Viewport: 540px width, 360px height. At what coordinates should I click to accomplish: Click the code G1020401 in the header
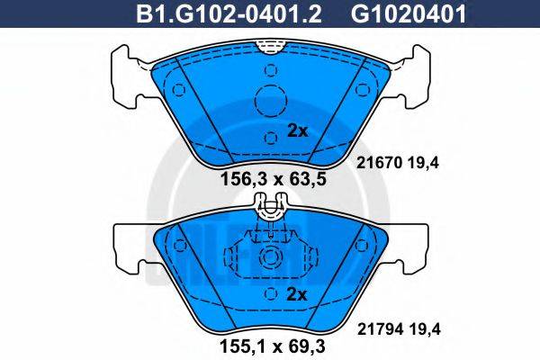(397, 14)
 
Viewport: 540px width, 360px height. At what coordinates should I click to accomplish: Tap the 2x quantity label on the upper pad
(296, 130)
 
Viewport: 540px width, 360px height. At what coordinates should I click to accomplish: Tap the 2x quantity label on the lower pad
(296, 295)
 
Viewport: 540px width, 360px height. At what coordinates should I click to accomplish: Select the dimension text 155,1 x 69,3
(271, 342)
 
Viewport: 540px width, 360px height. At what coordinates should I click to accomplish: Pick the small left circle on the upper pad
(178, 90)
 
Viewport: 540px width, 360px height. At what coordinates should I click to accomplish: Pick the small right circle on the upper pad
(364, 90)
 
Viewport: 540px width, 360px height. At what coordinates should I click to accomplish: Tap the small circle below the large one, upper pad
(271, 137)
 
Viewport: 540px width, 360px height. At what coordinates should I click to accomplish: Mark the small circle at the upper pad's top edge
(271, 67)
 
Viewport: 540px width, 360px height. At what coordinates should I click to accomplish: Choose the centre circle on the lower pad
(270, 259)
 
